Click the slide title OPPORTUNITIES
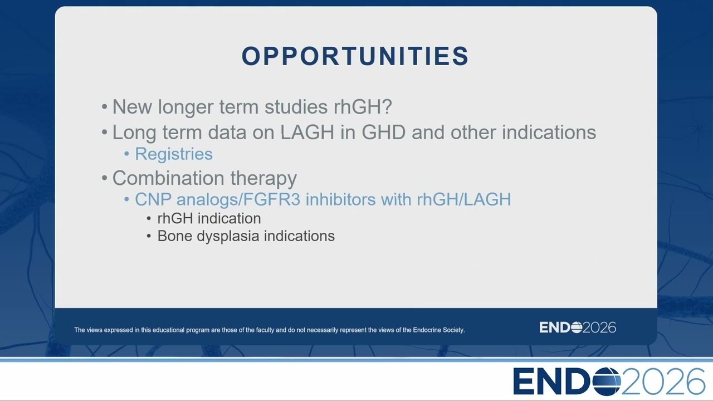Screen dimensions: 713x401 (355, 56)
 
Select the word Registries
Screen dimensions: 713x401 (174, 154)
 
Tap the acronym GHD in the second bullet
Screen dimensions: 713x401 (384, 132)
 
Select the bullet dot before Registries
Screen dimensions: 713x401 (126, 154)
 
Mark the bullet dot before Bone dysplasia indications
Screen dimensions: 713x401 (149, 236)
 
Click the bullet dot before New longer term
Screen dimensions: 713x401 (104, 106)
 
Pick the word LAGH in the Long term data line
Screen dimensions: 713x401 (307, 132)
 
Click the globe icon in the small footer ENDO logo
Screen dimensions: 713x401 (577, 327)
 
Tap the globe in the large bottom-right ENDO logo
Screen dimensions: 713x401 (607, 382)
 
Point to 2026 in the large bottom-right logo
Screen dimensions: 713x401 (663, 382)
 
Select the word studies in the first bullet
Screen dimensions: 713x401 (296, 106)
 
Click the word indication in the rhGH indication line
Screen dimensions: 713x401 (229, 219)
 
